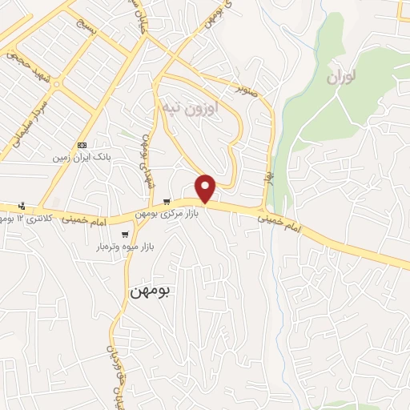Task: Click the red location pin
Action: (x=207, y=189)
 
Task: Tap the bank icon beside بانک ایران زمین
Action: (x=81, y=145)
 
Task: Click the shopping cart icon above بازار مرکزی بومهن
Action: (x=166, y=202)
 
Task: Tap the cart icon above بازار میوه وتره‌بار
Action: (x=125, y=235)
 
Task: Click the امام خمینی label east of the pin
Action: (x=282, y=222)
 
